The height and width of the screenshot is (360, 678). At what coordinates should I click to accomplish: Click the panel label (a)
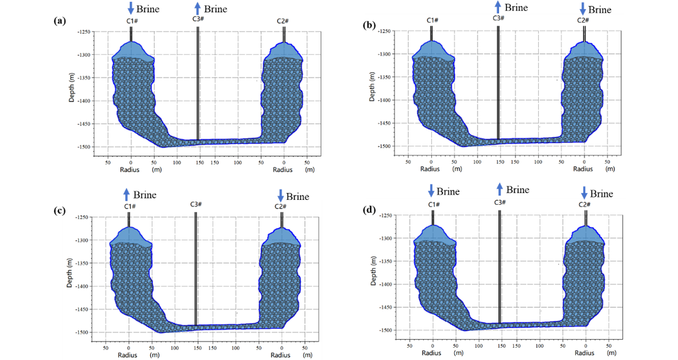click(x=60, y=21)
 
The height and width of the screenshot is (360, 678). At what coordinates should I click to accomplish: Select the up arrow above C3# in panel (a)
click(x=197, y=8)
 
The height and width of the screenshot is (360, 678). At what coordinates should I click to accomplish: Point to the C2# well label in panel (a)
click(x=282, y=21)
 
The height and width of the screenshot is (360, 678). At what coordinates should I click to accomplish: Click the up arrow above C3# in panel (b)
click(x=498, y=7)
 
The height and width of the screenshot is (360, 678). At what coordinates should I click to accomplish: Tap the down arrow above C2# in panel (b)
click(x=583, y=9)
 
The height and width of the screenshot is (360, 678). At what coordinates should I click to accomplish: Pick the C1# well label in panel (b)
click(x=432, y=21)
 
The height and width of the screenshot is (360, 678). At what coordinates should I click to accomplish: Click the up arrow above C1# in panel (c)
click(x=126, y=194)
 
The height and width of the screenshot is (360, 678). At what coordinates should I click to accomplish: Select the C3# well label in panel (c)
click(x=195, y=204)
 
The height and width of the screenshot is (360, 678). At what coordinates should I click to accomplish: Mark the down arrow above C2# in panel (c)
click(x=280, y=196)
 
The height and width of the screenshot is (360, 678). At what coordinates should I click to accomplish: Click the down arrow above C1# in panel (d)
click(x=431, y=191)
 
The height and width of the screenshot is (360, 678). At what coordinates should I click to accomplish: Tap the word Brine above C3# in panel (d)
click(x=517, y=189)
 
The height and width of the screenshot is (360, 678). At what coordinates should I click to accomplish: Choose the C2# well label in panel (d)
click(x=585, y=204)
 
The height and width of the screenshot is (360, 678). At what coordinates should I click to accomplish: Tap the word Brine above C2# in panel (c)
click(x=297, y=196)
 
